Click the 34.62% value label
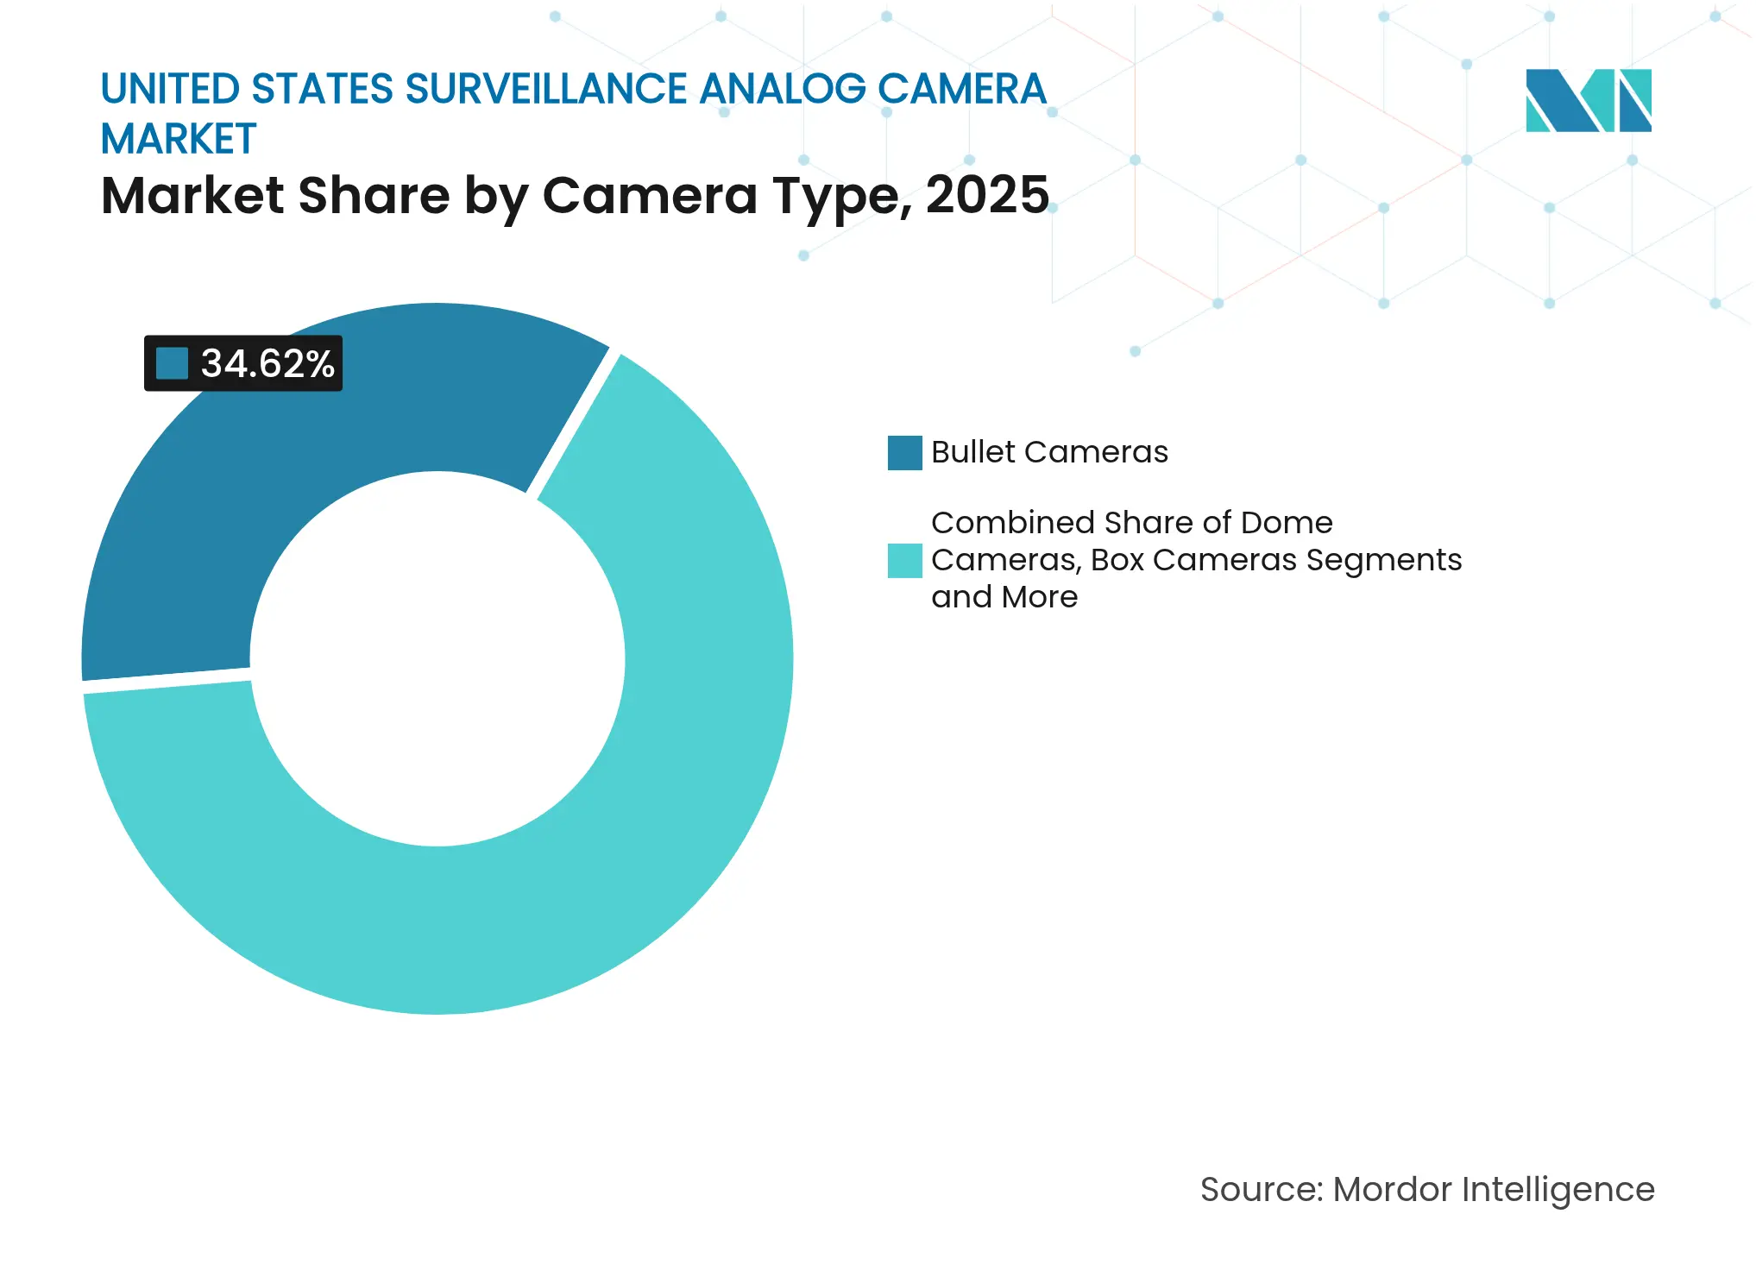(267, 363)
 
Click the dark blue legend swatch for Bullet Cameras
(904, 452)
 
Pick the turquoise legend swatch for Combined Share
(904, 560)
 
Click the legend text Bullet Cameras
(1049, 452)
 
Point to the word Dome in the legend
(1286, 523)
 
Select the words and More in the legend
(1004, 597)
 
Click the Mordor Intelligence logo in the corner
(1588, 100)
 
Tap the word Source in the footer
(1259, 1189)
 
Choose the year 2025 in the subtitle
(986, 195)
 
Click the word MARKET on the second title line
(179, 139)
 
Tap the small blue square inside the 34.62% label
(172, 363)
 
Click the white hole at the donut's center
(437, 658)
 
